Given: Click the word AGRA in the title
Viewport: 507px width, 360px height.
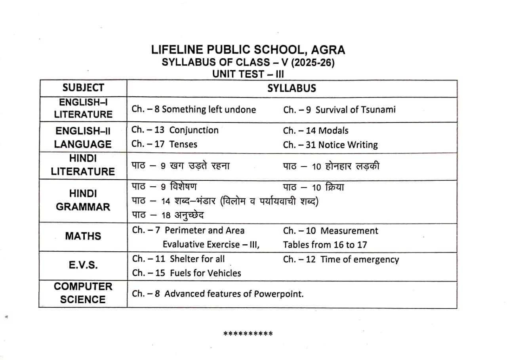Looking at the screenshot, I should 328,50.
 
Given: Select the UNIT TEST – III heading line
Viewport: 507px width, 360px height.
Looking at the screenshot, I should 248,74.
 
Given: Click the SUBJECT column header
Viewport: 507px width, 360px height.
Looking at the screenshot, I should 83,88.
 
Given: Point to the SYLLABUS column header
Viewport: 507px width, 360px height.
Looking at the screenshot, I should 292,88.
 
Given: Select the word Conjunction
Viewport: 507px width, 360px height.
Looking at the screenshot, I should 194,130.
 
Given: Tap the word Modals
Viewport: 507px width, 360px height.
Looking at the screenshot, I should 333,131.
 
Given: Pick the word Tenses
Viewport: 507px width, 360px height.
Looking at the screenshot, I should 183,144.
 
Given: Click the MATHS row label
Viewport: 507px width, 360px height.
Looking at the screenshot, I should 83,236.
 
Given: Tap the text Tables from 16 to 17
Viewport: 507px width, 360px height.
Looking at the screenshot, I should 325,245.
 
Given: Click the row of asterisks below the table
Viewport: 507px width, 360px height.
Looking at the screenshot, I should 248,334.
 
